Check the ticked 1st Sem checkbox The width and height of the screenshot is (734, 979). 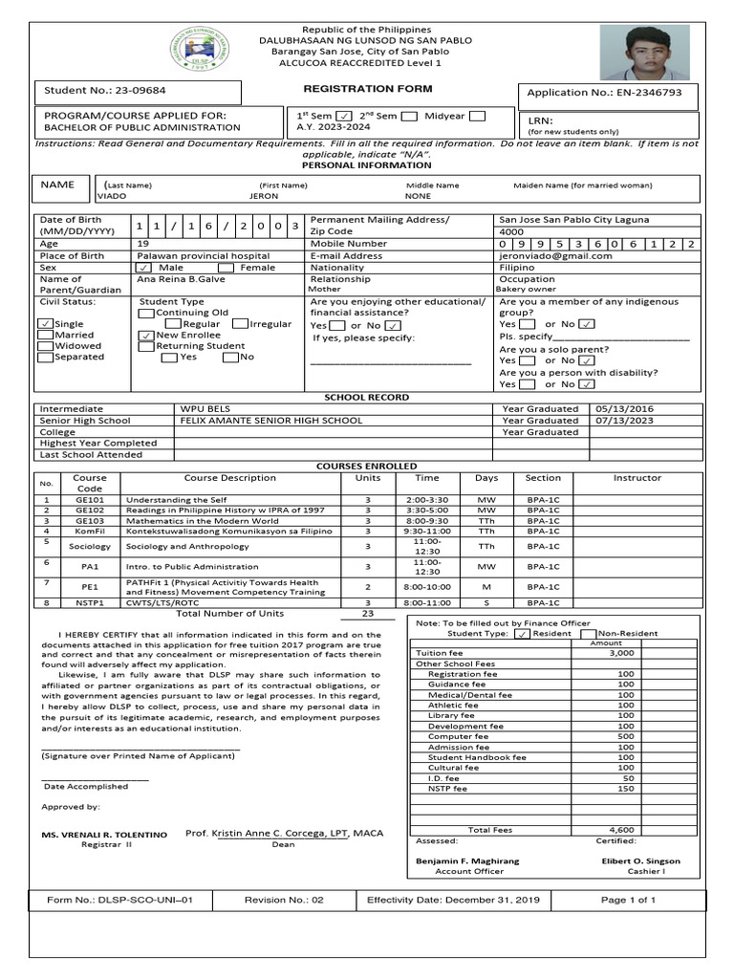coord(345,117)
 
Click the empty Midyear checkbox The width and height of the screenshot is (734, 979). coord(477,116)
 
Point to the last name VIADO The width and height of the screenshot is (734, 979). coord(111,196)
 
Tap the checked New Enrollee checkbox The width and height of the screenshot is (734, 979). coord(146,336)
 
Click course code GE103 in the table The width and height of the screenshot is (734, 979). coord(90,521)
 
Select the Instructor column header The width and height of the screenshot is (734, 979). coord(637,478)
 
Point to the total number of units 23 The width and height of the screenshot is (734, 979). coord(367,613)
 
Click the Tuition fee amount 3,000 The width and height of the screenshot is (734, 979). coord(621,653)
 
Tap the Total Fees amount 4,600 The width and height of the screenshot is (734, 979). coord(621,830)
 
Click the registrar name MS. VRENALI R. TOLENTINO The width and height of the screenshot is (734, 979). coord(103,835)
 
